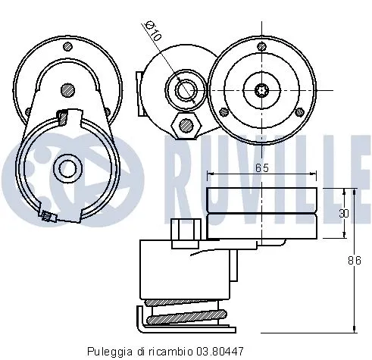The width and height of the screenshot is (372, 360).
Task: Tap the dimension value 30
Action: [343, 213]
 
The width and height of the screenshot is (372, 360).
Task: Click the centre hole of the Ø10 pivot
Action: [184, 89]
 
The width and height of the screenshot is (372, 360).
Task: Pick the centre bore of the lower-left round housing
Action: [66, 167]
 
